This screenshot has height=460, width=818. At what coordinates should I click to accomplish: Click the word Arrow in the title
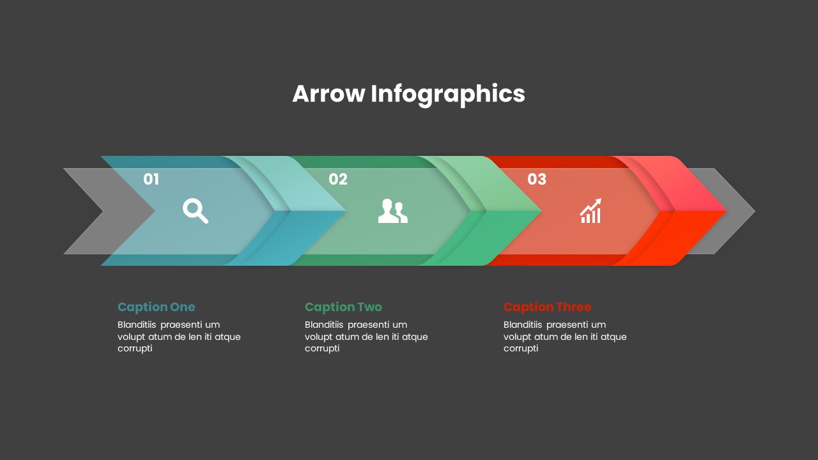328,94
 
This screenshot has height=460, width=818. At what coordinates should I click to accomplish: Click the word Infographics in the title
447,95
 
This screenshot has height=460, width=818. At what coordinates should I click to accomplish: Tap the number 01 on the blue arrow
151,180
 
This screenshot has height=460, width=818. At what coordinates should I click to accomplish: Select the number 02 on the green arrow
338,180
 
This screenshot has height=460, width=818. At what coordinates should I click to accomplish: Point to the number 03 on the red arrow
537,180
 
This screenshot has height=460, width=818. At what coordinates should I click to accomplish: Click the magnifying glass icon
196,211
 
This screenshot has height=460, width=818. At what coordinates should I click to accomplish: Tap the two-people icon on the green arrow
392,211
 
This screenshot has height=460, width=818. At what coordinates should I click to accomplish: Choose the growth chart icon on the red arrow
590,211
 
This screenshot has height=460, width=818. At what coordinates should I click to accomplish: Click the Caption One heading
157,307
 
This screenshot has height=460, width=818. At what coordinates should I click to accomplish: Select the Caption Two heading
343,307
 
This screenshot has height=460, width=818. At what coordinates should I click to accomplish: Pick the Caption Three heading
547,307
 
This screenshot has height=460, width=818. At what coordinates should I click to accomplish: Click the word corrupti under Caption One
135,348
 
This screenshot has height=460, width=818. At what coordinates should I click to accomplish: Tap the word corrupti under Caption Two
322,348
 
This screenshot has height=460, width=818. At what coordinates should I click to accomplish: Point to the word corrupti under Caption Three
521,348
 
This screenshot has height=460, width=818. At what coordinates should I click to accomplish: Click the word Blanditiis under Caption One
137,325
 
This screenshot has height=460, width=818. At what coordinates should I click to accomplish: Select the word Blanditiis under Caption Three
523,325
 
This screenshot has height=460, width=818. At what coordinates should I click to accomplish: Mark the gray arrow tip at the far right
735,211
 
